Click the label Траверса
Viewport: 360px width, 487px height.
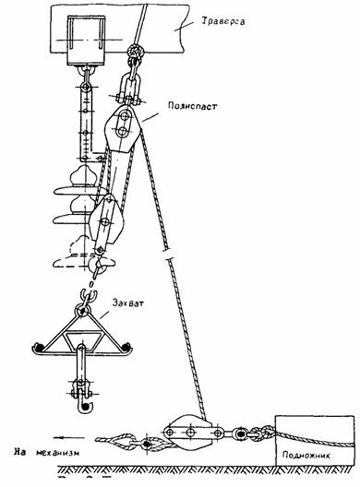pyautogui.click(x=223, y=21)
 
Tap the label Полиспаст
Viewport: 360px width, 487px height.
pyautogui.click(x=192, y=105)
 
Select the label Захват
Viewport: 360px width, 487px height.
pyautogui.click(x=128, y=303)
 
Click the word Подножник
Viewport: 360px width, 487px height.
pyautogui.click(x=306, y=456)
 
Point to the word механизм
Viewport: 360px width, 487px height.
pyautogui.click(x=58, y=453)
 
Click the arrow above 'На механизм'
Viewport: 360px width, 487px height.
pyautogui.click(x=69, y=437)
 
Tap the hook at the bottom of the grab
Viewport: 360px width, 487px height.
pyautogui.click(x=85, y=406)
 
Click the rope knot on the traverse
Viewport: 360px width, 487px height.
pyautogui.click(x=136, y=52)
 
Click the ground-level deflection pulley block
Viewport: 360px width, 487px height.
pyautogui.click(x=189, y=433)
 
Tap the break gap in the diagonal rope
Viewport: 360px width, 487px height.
pyautogui.click(x=168, y=254)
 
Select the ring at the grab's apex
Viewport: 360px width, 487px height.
pyautogui.click(x=83, y=310)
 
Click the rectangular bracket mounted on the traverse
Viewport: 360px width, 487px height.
pyautogui.click(x=86, y=41)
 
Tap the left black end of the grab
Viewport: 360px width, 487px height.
pyautogui.click(x=39, y=346)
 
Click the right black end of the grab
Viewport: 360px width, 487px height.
pyautogui.click(x=126, y=346)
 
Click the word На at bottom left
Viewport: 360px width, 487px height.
pyautogui.click(x=19, y=452)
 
